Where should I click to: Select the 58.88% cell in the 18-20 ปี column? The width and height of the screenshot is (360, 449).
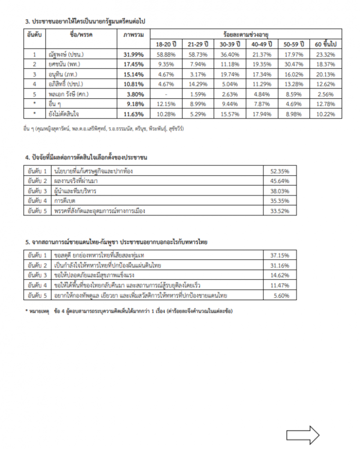coord(166,55)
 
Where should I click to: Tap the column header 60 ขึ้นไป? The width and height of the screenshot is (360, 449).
coord(325,44)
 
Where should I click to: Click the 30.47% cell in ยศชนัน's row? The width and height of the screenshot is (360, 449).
coord(294,65)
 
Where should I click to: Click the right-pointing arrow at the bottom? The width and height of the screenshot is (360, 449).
coord(303,435)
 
